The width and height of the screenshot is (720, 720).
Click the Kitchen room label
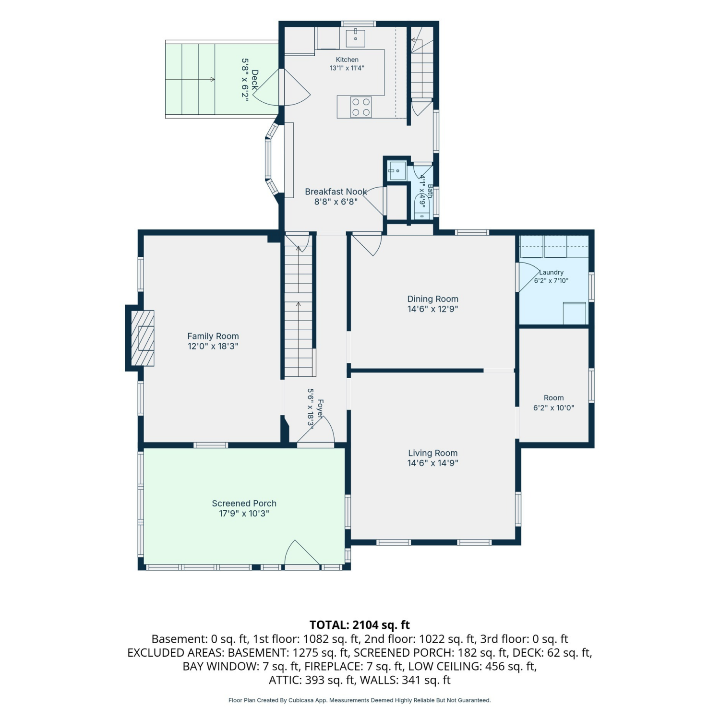click(x=347, y=60)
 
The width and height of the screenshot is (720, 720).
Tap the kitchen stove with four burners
click(x=361, y=107)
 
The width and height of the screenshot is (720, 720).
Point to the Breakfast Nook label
click(x=336, y=192)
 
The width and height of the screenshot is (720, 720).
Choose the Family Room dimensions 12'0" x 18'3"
click(x=213, y=346)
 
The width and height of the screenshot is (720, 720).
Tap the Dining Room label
click(x=433, y=299)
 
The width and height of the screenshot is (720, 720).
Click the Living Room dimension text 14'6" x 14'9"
click(x=433, y=463)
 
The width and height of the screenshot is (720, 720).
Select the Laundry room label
click(x=552, y=272)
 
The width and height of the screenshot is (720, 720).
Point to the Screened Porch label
click(x=244, y=503)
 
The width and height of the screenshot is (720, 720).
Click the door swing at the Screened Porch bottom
click(x=302, y=553)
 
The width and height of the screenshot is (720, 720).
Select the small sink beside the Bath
click(x=397, y=171)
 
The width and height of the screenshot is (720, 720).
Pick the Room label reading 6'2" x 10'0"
click(x=553, y=403)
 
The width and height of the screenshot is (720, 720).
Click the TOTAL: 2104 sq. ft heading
click(x=360, y=624)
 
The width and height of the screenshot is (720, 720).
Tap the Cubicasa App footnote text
click(x=360, y=700)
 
